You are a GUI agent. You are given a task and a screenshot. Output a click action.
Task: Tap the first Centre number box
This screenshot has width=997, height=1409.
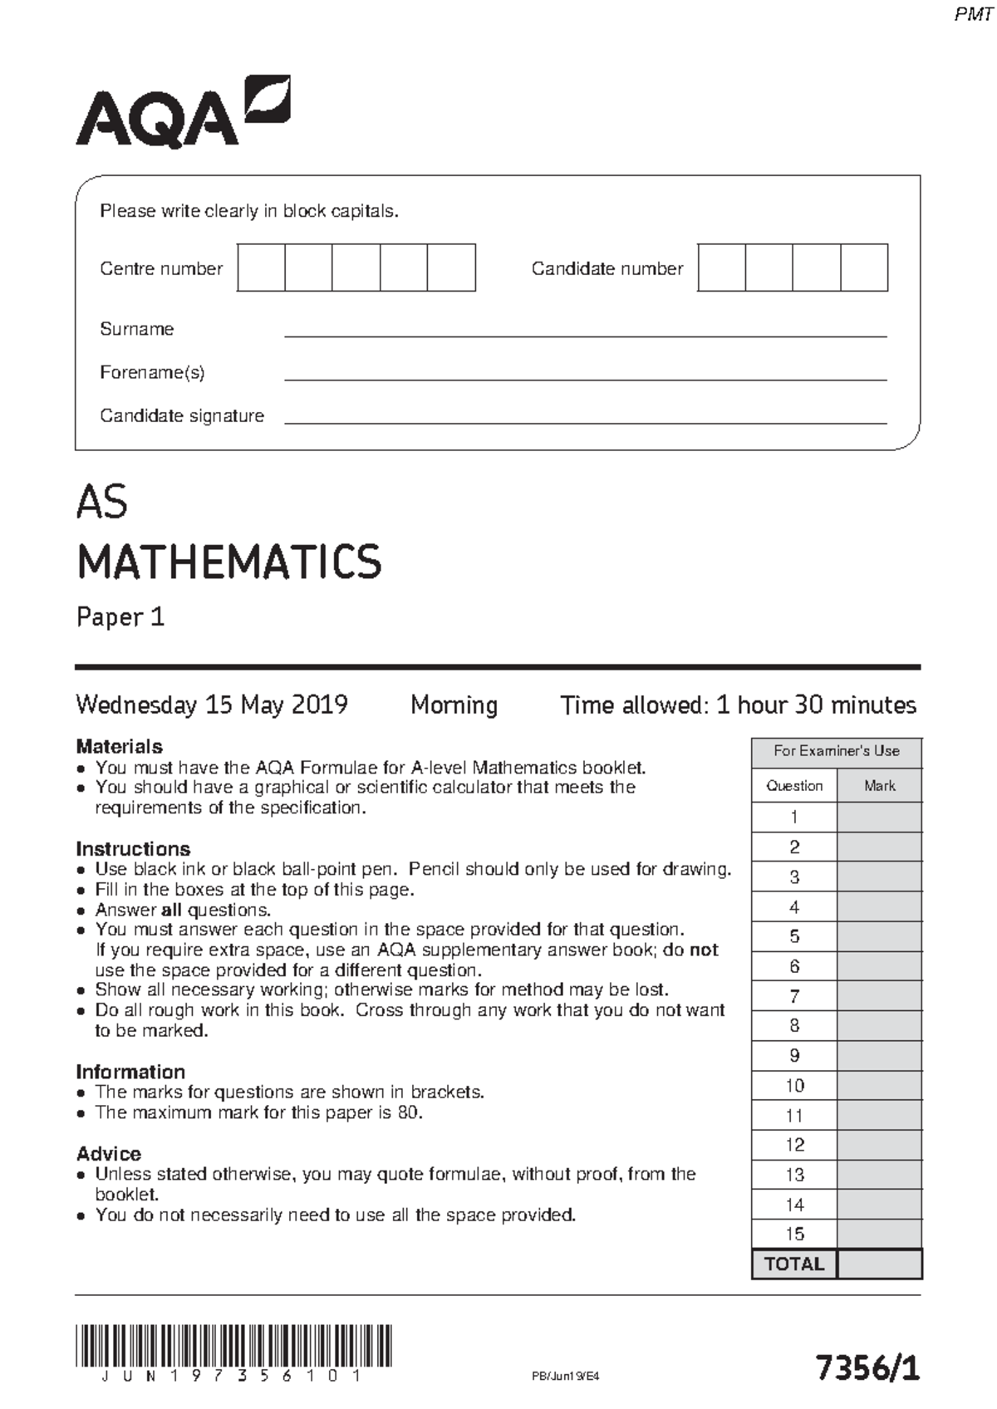[x=261, y=268]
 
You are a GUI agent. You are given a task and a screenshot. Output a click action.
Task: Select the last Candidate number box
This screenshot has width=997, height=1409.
[x=864, y=268]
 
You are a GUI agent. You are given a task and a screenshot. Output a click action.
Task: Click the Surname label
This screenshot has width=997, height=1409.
[x=137, y=329]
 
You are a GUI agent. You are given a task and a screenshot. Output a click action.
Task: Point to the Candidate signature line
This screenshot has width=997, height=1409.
[x=586, y=422]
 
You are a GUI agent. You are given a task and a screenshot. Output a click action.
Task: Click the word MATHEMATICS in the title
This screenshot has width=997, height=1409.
[x=229, y=562]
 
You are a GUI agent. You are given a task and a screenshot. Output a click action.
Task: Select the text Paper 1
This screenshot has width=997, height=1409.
[x=121, y=617]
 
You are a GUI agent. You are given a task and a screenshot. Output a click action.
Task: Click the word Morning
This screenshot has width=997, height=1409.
[x=454, y=705]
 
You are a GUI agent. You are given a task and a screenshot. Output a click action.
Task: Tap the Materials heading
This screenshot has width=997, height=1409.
[x=119, y=746]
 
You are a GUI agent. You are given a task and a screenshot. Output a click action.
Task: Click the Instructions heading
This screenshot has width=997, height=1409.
[x=133, y=848]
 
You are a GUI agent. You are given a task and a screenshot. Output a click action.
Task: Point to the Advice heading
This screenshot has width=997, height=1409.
[x=109, y=1153]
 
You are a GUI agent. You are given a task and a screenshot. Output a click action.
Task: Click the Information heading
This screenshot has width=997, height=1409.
[x=130, y=1072]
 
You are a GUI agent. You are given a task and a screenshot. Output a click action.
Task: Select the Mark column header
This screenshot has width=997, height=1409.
[x=879, y=786]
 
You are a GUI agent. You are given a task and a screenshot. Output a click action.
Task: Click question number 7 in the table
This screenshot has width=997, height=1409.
[x=794, y=996]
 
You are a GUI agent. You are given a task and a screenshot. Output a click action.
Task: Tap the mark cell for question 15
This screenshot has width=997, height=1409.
[x=879, y=1234]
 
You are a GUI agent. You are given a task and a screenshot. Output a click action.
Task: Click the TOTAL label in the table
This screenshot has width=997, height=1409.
[x=794, y=1264]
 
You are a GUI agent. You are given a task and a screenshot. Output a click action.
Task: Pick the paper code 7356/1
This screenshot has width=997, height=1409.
[x=867, y=1367]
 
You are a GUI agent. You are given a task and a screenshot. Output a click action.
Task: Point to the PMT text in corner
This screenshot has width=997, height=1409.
[x=973, y=15]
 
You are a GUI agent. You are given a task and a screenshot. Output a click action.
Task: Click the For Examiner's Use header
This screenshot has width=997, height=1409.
[x=837, y=751]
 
